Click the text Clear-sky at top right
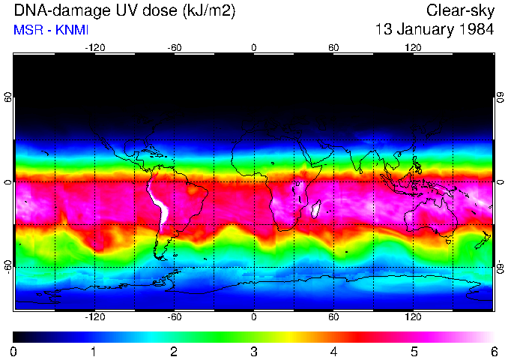460,10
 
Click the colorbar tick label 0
14,351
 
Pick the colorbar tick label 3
254,351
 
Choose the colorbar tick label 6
494,351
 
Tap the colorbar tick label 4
334,351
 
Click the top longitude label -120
94,47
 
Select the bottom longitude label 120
413,317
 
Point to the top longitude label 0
254,47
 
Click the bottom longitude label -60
174,317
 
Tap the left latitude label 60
8,97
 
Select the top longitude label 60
333,47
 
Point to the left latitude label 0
8,182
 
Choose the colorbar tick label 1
94,351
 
